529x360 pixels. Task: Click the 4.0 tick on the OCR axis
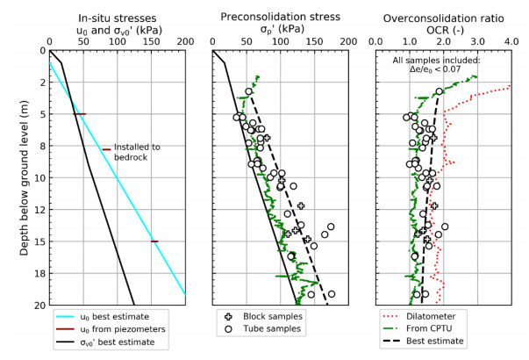point(512,40)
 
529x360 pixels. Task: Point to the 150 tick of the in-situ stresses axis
point(152,40)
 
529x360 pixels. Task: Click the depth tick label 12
point(39,210)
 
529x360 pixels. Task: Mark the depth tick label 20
point(39,305)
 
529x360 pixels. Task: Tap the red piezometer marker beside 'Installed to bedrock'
point(106,149)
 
